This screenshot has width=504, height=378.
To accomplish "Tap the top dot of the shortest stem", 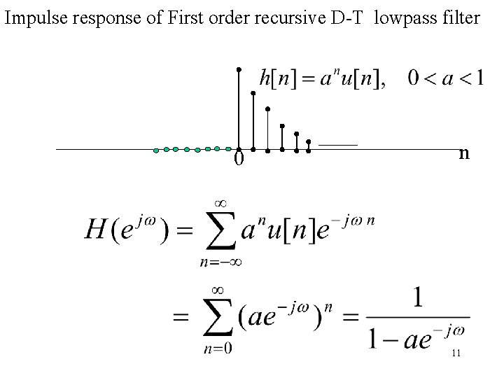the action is point(309,140).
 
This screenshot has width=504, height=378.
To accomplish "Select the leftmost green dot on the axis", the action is point(156,150).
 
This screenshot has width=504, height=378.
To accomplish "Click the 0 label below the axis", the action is point(239,160).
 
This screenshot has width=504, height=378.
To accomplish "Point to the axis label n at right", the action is point(463,153).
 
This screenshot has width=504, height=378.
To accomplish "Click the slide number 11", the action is point(456,353).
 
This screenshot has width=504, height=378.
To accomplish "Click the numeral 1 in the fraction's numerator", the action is point(417,300).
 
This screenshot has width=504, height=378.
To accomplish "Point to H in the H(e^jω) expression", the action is point(96,228).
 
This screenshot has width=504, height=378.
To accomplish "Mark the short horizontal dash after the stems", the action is point(337,143).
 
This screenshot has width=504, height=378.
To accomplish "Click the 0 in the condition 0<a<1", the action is point(415,78).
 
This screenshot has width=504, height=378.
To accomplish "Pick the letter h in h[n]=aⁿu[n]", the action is point(265,78).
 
